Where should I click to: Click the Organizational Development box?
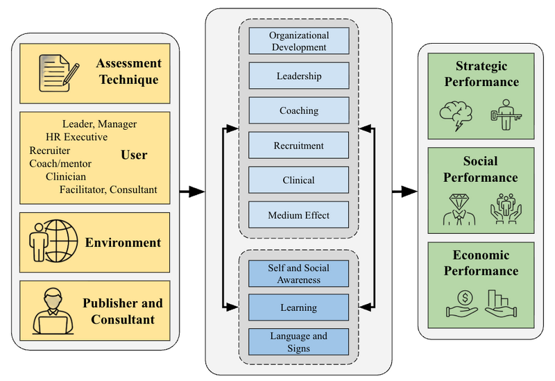[x=298, y=41]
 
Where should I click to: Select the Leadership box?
[x=298, y=76]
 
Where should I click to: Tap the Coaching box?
[x=298, y=110]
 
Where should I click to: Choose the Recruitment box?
[x=298, y=145]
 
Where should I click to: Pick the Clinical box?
[x=298, y=180]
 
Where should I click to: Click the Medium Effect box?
[x=298, y=214]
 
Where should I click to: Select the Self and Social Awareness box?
[x=298, y=273]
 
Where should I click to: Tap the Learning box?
[x=298, y=307]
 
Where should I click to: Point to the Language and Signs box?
[x=298, y=341]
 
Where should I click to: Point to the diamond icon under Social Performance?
[x=459, y=209]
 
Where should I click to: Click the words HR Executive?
[x=76, y=137]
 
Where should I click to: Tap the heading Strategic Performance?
[x=481, y=74]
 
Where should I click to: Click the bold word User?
[x=134, y=154]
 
